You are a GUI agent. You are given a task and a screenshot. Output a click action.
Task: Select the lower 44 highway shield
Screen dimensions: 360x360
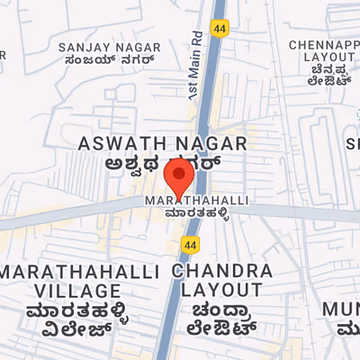189,244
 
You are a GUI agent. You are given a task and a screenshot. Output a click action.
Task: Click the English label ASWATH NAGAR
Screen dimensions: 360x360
162,144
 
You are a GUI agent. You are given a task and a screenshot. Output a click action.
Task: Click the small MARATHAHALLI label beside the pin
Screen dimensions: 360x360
197,199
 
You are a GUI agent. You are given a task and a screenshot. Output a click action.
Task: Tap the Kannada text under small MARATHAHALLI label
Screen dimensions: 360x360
197,214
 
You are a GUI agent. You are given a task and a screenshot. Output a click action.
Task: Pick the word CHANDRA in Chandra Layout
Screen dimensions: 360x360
222,271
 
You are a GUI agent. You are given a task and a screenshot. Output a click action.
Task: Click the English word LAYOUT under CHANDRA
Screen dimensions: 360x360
222,291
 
